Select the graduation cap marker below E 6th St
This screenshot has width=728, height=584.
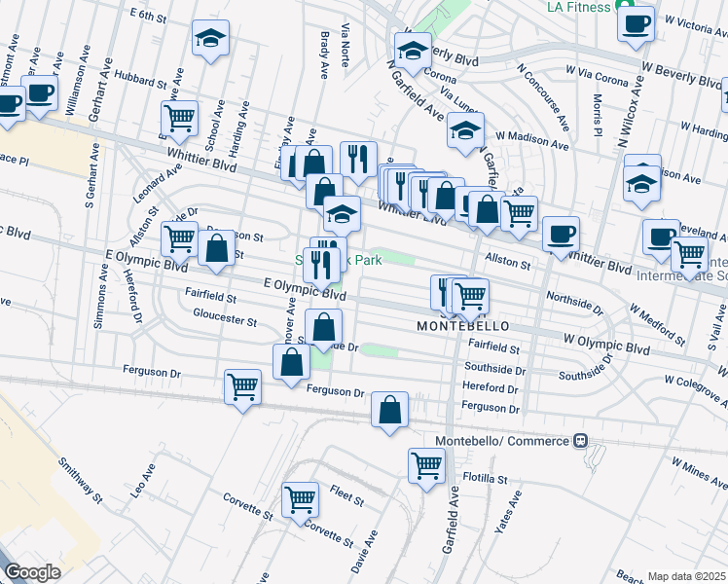(209, 39)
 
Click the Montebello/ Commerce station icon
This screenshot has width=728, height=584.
(580, 441)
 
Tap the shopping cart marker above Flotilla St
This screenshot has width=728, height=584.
(426, 465)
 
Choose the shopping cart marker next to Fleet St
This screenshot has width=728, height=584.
(300, 499)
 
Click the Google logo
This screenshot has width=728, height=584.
(32, 572)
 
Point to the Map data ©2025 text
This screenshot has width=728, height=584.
(687, 576)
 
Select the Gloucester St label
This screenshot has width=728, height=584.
(224, 319)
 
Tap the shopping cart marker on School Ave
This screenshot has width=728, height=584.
(179, 119)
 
